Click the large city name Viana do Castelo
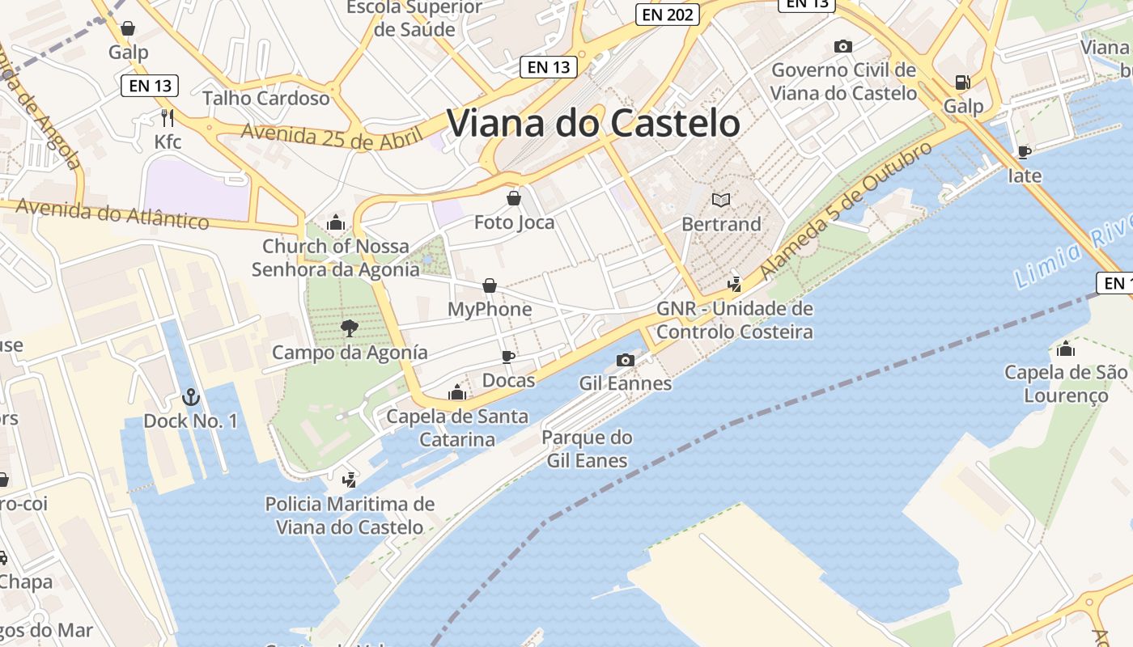593,124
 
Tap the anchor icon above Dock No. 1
190,397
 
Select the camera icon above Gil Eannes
625,360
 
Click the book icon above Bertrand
721,199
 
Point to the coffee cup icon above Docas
508,357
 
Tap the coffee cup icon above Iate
1025,151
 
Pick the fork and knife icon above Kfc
168,118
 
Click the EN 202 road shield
667,15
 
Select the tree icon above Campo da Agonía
350,328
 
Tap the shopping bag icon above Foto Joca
514,197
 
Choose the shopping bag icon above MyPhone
490,285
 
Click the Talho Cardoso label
266,99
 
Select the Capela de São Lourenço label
1065,384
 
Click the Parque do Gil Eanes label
587,449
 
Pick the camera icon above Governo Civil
843,47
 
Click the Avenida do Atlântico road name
112,214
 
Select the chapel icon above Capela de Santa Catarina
457,393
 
